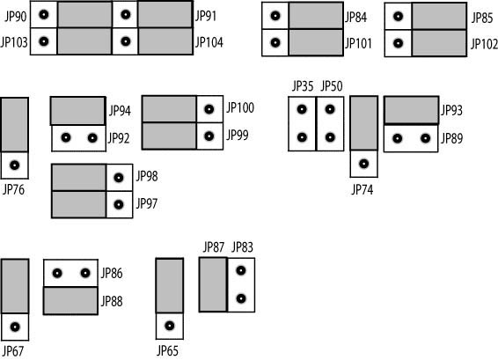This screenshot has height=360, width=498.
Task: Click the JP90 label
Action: [16, 16]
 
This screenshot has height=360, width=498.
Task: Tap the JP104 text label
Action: [209, 42]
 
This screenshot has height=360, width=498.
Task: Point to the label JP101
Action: [358, 43]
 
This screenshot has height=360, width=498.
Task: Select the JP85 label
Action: [482, 18]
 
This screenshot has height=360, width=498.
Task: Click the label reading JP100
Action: [240, 108]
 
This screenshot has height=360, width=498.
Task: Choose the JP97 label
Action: [147, 203]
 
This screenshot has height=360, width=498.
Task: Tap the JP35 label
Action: [303, 86]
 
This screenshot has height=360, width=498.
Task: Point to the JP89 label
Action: [451, 138]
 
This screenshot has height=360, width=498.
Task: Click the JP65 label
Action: [167, 351]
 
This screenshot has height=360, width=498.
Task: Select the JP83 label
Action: [242, 246]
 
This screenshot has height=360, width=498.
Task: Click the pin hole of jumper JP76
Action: [15, 165]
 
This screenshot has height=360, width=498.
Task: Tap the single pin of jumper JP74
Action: [364, 164]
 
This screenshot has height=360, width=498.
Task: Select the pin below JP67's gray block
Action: [15, 327]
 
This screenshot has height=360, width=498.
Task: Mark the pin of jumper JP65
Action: [170, 326]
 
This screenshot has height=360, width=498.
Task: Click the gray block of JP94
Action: [77, 111]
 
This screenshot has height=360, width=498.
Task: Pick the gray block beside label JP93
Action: [411, 110]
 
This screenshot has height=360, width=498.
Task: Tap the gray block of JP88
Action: [70, 300]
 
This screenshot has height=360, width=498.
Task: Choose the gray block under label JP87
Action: [213, 284]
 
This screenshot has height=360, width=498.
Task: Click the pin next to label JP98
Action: [119, 178]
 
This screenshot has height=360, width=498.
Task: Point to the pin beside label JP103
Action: [44, 41]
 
